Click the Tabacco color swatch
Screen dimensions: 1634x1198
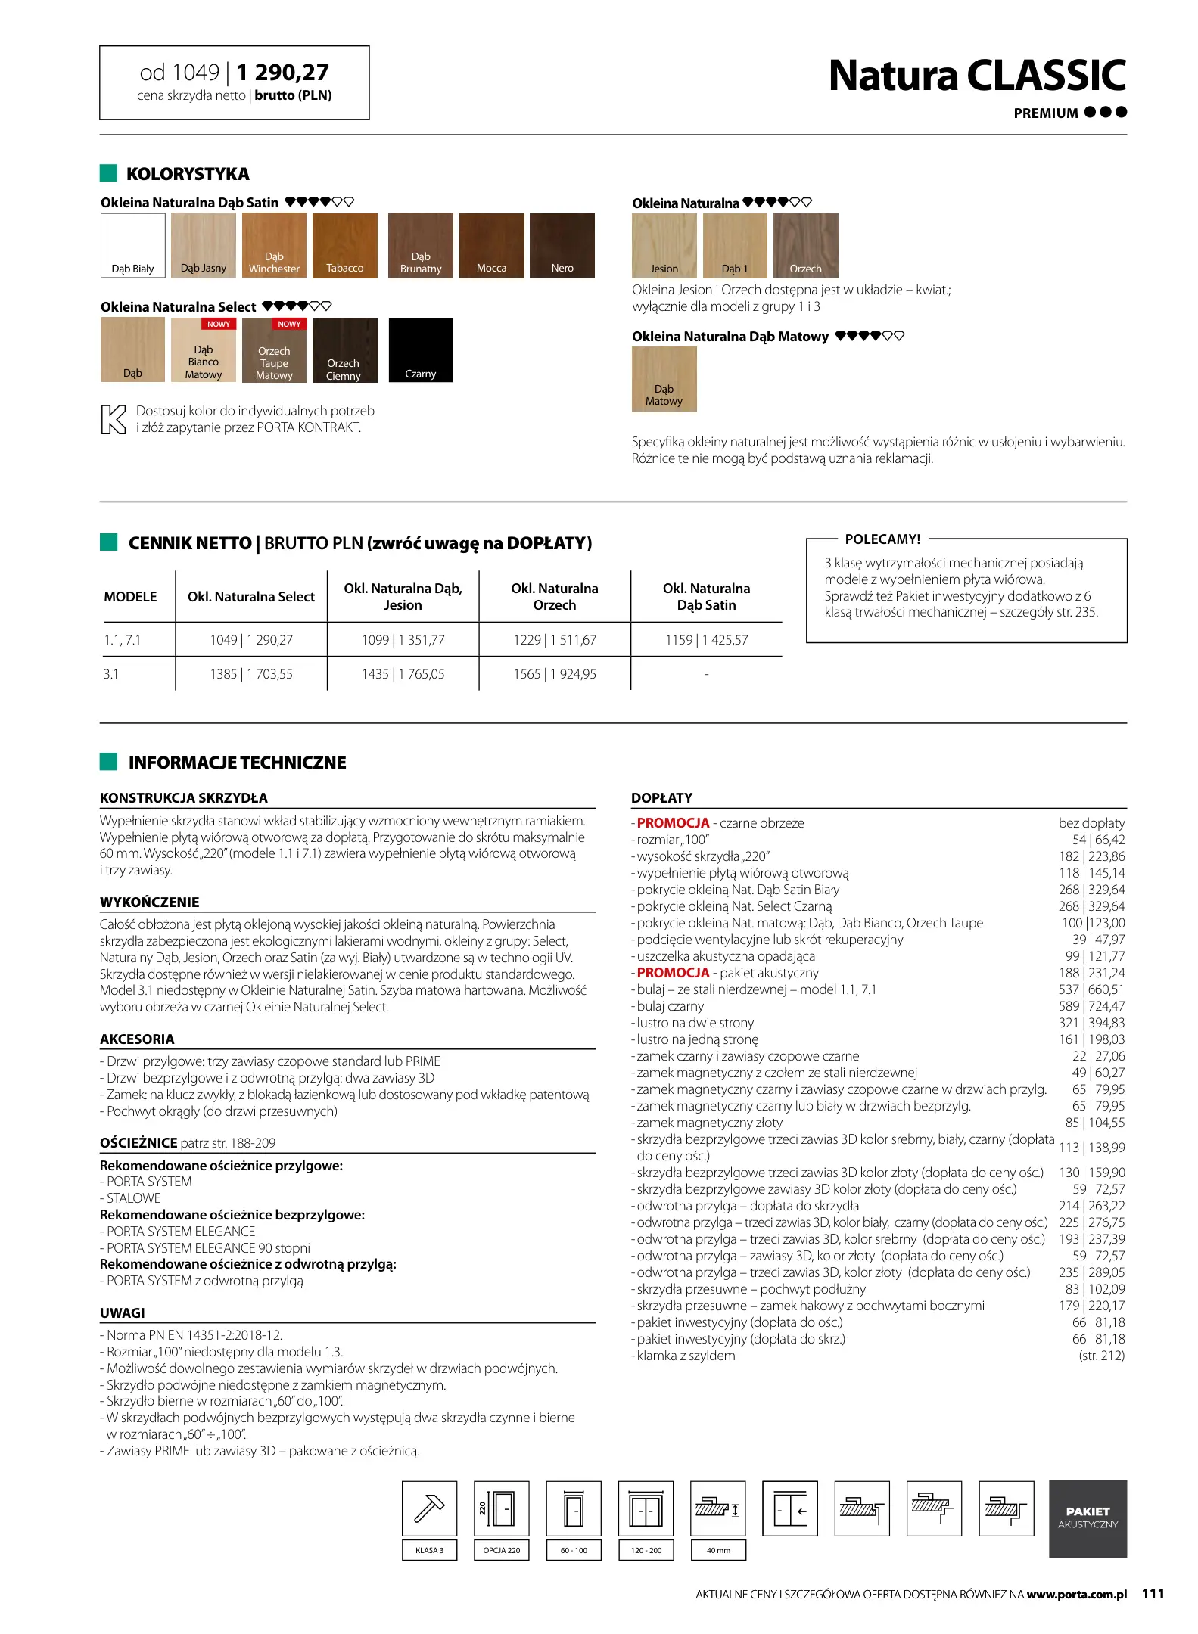point(344,246)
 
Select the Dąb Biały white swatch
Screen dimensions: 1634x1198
point(132,246)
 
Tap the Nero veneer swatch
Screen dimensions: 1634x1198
point(562,246)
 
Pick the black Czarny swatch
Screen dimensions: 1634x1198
point(420,350)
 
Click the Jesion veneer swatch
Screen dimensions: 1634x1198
point(664,246)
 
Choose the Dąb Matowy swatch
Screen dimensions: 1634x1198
point(664,378)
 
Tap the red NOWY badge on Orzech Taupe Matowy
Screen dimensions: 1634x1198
point(289,324)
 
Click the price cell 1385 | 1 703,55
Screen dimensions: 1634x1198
point(251,674)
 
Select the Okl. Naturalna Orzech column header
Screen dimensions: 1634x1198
point(554,597)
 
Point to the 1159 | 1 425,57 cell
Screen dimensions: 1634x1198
point(706,640)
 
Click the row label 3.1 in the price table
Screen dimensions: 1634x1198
point(111,674)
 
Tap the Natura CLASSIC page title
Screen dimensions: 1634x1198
point(976,76)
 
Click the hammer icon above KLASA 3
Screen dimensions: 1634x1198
point(429,1508)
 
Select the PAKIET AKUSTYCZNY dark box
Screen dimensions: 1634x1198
point(1088,1518)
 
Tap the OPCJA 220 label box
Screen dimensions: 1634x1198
point(501,1550)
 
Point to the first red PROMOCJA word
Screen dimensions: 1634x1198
point(673,823)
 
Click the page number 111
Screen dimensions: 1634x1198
point(1153,1594)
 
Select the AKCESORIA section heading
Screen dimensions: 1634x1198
point(137,1039)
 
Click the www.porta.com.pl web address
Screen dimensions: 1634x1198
point(1076,1595)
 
